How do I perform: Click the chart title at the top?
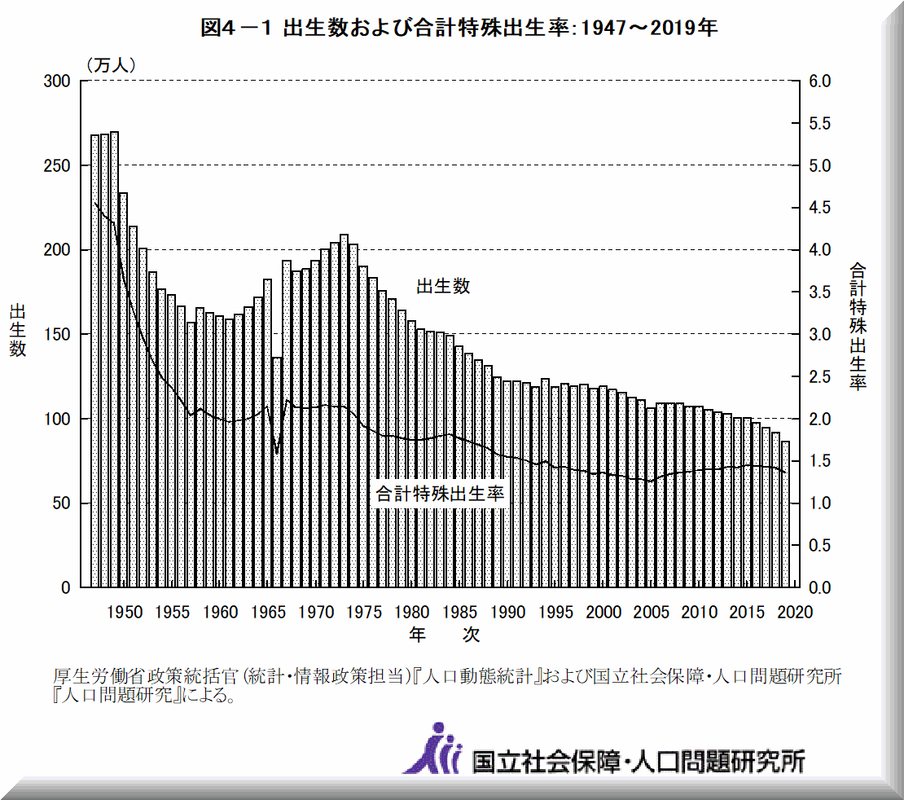(459, 29)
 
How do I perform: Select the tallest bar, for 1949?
(114, 358)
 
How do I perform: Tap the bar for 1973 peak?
(344, 407)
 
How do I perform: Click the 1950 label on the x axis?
(124, 611)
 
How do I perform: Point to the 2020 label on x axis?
(796, 611)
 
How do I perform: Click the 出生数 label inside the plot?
(443, 286)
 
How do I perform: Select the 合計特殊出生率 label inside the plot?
(440, 494)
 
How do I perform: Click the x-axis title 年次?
(444, 634)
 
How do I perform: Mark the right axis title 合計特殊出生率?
(858, 326)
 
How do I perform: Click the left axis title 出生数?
(18, 330)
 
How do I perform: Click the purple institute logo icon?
(432, 748)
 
